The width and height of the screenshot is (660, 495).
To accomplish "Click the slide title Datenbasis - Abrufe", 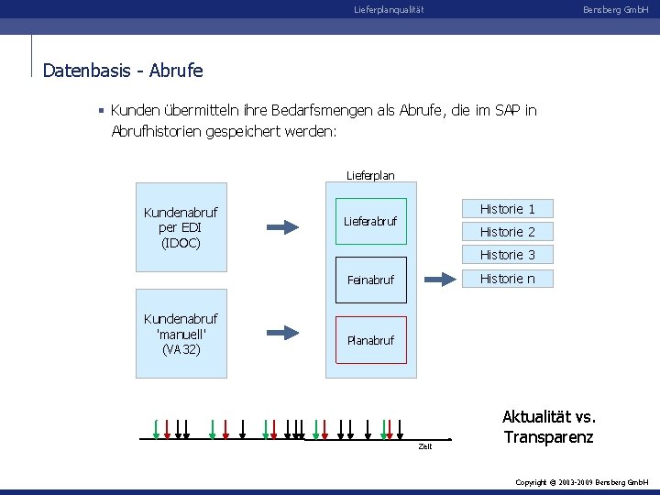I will [123, 70].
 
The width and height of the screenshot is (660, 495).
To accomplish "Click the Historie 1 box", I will [507, 209].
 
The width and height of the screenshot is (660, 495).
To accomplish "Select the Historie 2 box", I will [507, 232].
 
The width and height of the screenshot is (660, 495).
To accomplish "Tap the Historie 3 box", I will [507, 255].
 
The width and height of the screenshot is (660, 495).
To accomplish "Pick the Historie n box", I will [507, 279].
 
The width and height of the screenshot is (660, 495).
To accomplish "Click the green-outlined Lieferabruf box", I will [370, 221].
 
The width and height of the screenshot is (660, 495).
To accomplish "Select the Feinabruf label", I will [370, 280].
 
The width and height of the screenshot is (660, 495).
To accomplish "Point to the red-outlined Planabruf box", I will [370, 340].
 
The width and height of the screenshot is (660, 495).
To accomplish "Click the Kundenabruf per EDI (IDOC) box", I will [181, 227].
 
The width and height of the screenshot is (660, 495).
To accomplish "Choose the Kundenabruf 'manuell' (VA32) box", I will [181, 334].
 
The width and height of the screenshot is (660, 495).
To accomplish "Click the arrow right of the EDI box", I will [283, 226].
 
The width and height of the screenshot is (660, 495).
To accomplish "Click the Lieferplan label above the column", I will [370, 174].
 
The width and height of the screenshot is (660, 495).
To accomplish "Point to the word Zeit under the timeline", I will [425, 446].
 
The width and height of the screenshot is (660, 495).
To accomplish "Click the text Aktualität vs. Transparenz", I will [548, 427].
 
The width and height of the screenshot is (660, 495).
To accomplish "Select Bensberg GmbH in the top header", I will [615, 10].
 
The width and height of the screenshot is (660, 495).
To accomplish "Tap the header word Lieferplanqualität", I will [389, 10].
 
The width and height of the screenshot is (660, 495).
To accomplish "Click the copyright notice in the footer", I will [581, 481].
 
